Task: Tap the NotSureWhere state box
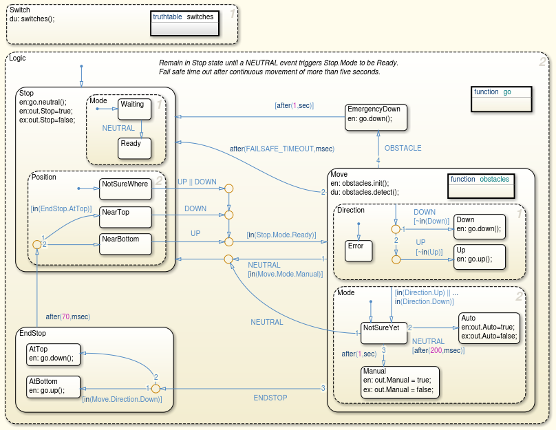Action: click(x=124, y=188)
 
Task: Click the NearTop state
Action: click(x=124, y=216)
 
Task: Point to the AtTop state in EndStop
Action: click(x=55, y=354)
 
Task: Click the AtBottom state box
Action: click(x=55, y=385)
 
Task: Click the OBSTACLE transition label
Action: click(x=403, y=148)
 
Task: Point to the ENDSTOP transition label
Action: click(x=270, y=398)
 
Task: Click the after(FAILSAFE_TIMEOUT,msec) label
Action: click(x=272, y=149)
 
